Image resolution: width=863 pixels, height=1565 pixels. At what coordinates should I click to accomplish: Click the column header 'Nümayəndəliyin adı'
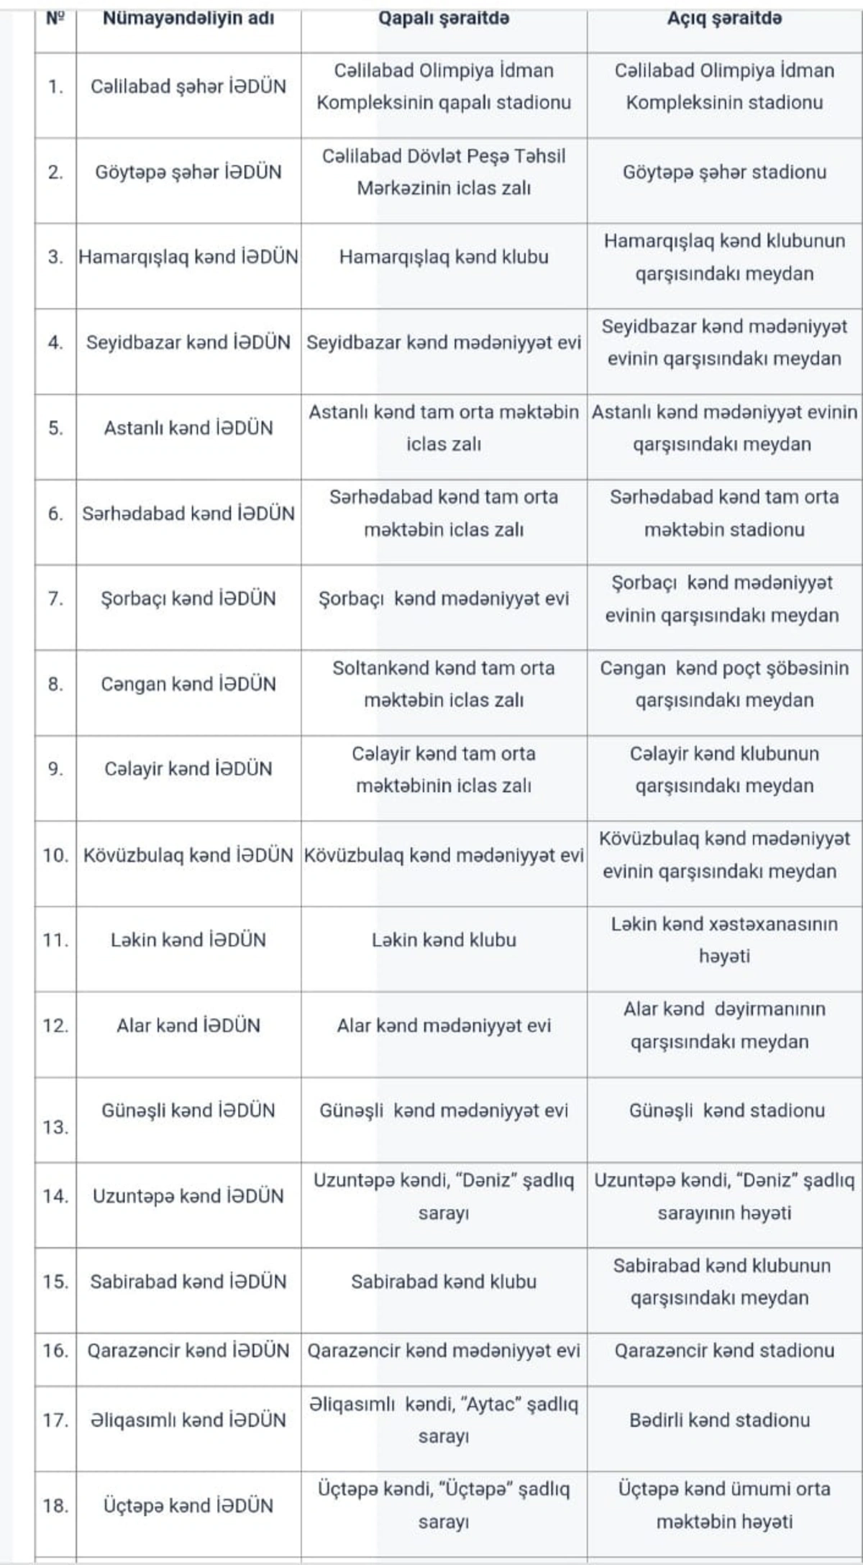tap(188, 19)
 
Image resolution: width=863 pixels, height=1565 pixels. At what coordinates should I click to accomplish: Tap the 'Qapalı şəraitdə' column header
tap(444, 19)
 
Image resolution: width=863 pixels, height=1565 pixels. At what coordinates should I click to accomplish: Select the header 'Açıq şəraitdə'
tap(724, 19)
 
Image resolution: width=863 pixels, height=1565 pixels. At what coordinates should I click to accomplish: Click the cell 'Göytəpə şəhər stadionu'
tap(724, 172)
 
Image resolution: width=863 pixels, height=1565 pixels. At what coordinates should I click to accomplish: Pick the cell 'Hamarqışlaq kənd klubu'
tap(444, 257)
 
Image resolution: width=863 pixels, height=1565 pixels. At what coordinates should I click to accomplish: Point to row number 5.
tap(55, 428)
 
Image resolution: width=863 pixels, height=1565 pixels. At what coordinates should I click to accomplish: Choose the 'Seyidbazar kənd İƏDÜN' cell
tap(188, 342)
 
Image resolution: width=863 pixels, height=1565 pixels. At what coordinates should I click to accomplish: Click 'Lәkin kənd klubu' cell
tap(444, 940)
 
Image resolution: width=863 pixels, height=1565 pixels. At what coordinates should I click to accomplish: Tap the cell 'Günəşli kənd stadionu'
tap(726, 1110)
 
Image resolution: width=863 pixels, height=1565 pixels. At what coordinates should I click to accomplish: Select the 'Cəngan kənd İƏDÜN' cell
tap(188, 684)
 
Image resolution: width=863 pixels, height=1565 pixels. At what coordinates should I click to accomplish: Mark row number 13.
tap(55, 1127)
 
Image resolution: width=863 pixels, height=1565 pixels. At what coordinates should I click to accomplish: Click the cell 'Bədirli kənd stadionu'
tap(719, 1420)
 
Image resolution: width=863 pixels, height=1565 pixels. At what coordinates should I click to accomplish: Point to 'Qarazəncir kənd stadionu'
tap(724, 1351)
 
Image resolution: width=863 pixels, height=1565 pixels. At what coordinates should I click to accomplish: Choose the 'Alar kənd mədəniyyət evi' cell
tap(444, 1026)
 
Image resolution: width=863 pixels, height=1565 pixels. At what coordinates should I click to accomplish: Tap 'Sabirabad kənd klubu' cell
tap(444, 1282)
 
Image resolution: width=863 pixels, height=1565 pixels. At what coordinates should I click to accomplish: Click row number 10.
tap(55, 855)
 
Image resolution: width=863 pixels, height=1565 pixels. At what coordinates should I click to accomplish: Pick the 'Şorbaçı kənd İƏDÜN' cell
tap(188, 598)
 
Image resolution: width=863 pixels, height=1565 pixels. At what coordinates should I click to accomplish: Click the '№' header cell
tap(55, 19)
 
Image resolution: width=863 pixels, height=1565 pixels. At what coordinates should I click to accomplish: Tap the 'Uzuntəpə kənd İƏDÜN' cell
tap(188, 1196)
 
